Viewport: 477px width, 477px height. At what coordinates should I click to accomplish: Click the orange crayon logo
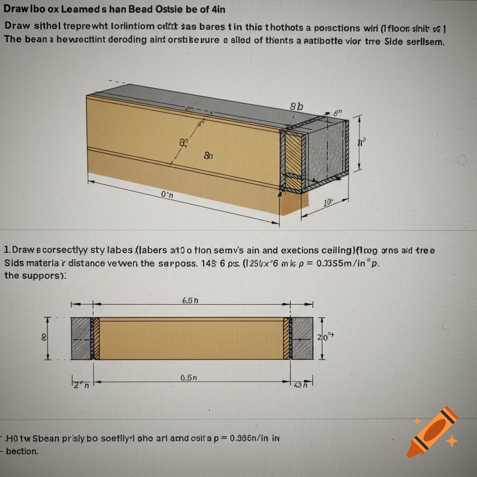pyautogui.click(x=431, y=431)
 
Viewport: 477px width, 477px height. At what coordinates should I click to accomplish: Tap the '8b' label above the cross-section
pyautogui.click(x=296, y=107)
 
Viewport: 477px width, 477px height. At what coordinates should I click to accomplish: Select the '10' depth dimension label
pyautogui.click(x=328, y=202)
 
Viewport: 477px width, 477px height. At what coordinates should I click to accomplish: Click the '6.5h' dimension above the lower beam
pyautogui.click(x=190, y=300)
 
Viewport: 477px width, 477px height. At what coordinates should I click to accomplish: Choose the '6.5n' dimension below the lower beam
pyautogui.click(x=189, y=378)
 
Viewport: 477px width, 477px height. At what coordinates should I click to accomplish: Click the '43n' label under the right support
pyautogui.click(x=301, y=385)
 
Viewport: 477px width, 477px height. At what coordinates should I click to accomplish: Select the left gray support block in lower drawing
pyautogui.click(x=81, y=338)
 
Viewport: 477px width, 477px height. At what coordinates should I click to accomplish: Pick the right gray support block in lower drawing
pyautogui.click(x=302, y=338)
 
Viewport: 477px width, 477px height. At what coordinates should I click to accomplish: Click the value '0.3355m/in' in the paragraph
pyautogui.click(x=338, y=263)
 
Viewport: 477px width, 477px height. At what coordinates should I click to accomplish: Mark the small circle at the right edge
pyautogui.click(x=462, y=160)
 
